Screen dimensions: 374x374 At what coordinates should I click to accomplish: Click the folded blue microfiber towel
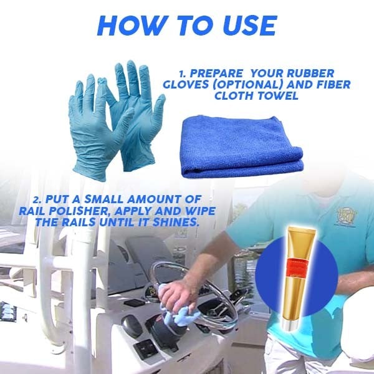242,147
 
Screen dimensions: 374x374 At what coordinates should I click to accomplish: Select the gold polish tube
299,277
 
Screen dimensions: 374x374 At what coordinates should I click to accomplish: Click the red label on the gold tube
298,267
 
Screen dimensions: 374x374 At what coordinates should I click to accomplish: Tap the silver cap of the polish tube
289,325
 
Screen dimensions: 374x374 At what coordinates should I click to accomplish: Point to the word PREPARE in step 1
217,73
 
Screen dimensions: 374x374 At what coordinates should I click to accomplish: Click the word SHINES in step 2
176,223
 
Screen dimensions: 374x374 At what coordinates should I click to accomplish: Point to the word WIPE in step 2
201,211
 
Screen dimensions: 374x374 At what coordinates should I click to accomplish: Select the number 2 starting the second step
36,200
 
